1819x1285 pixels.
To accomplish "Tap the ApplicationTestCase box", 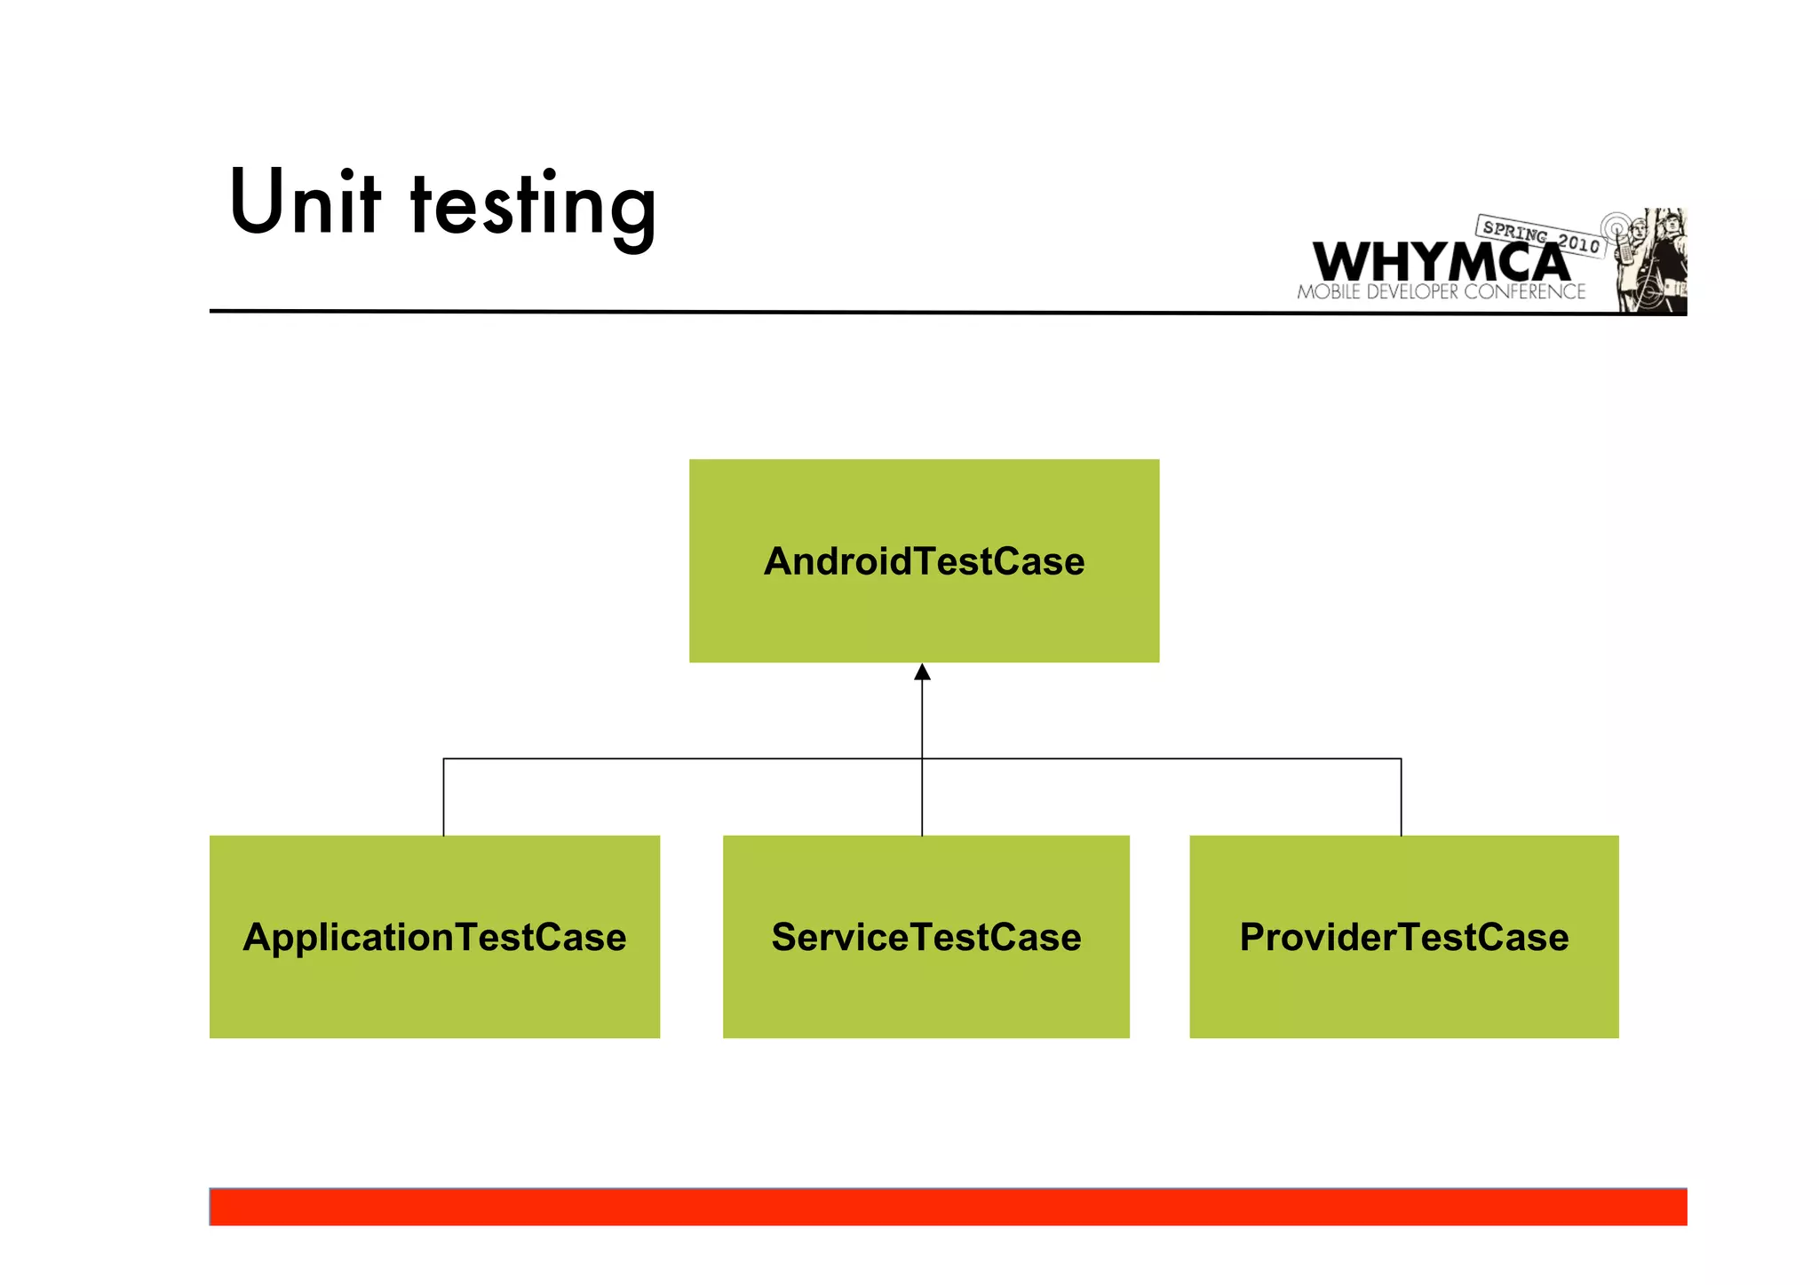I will click(434, 986).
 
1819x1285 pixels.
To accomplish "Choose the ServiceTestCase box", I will click(925, 986).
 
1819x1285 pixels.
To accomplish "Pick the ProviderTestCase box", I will click(1403, 986).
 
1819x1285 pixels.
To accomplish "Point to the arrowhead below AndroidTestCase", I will click(922, 672).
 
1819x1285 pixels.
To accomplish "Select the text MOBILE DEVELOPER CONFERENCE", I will click(1441, 292).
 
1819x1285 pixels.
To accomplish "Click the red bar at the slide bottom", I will click(948, 1207).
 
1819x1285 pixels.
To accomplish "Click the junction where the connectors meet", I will click(922, 758).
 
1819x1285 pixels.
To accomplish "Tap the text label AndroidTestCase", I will click(924, 561).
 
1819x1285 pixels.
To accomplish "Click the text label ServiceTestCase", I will click(925, 937).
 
